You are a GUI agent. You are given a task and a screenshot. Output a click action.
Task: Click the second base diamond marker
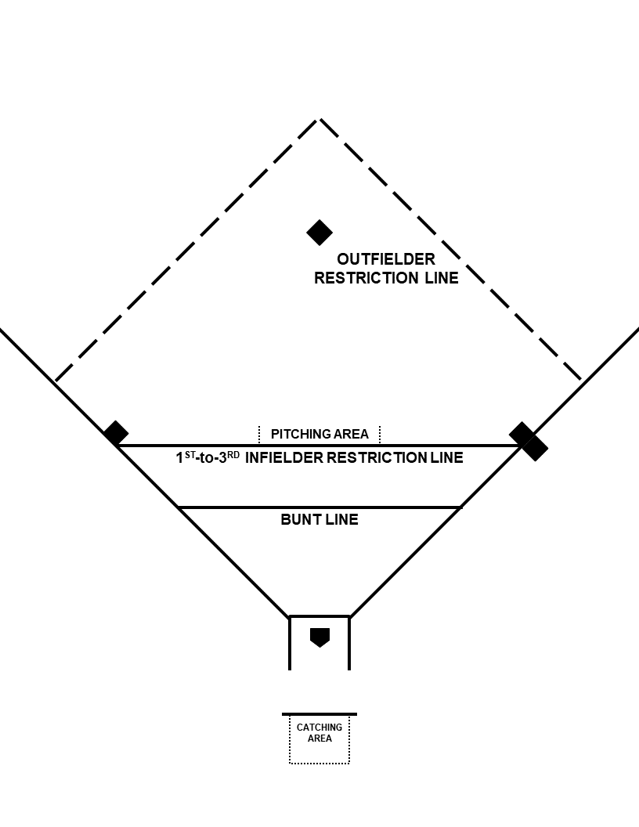[x=319, y=232]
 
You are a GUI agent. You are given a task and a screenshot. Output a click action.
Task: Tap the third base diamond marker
[x=116, y=432]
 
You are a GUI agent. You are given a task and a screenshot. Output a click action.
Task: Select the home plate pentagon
[x=319, y=637]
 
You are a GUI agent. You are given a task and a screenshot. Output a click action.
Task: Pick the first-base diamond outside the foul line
[x=536, y=449]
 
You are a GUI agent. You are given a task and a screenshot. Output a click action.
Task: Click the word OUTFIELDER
[x=386, y=258]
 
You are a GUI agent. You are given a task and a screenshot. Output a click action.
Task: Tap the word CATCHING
[x=319, y=728]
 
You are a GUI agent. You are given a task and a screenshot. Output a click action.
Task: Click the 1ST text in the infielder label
[x=186, y=457]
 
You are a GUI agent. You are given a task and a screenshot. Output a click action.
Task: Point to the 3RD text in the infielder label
[x=229, y=457]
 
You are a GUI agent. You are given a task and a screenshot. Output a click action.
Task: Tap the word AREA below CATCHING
[x=319, y=739]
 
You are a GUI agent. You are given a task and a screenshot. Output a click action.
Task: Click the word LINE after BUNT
[x=341, y=518]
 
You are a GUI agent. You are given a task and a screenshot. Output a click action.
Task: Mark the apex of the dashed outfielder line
[x=318, y=119]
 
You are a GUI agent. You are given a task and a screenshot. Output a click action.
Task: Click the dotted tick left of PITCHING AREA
[x=259, y=434]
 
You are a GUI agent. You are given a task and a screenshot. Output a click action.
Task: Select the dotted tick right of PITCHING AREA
[x=380, y=434]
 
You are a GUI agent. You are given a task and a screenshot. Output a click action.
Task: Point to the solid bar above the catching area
[x=319, y=714]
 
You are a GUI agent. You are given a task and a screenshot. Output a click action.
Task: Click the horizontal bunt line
[x=235, y=507]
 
